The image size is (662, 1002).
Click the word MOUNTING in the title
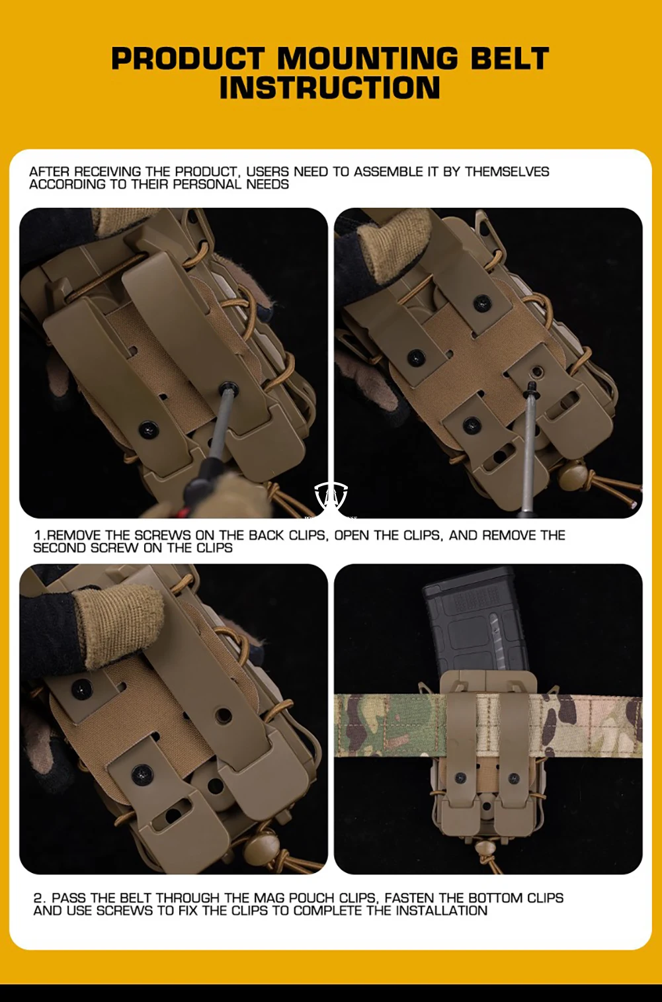(368, 58)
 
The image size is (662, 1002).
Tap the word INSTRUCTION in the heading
(330, 87)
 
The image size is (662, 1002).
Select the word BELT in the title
(511, 58)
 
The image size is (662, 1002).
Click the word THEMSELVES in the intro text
(507, 172)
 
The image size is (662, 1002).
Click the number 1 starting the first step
(38, 536)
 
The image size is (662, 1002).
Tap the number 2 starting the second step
(40, 898)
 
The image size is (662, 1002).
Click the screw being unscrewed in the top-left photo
(228, 388)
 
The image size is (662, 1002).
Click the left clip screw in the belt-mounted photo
(460, 778)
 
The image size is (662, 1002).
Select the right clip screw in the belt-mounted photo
(514, 778)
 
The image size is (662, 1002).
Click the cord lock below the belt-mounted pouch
(483, 847)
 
